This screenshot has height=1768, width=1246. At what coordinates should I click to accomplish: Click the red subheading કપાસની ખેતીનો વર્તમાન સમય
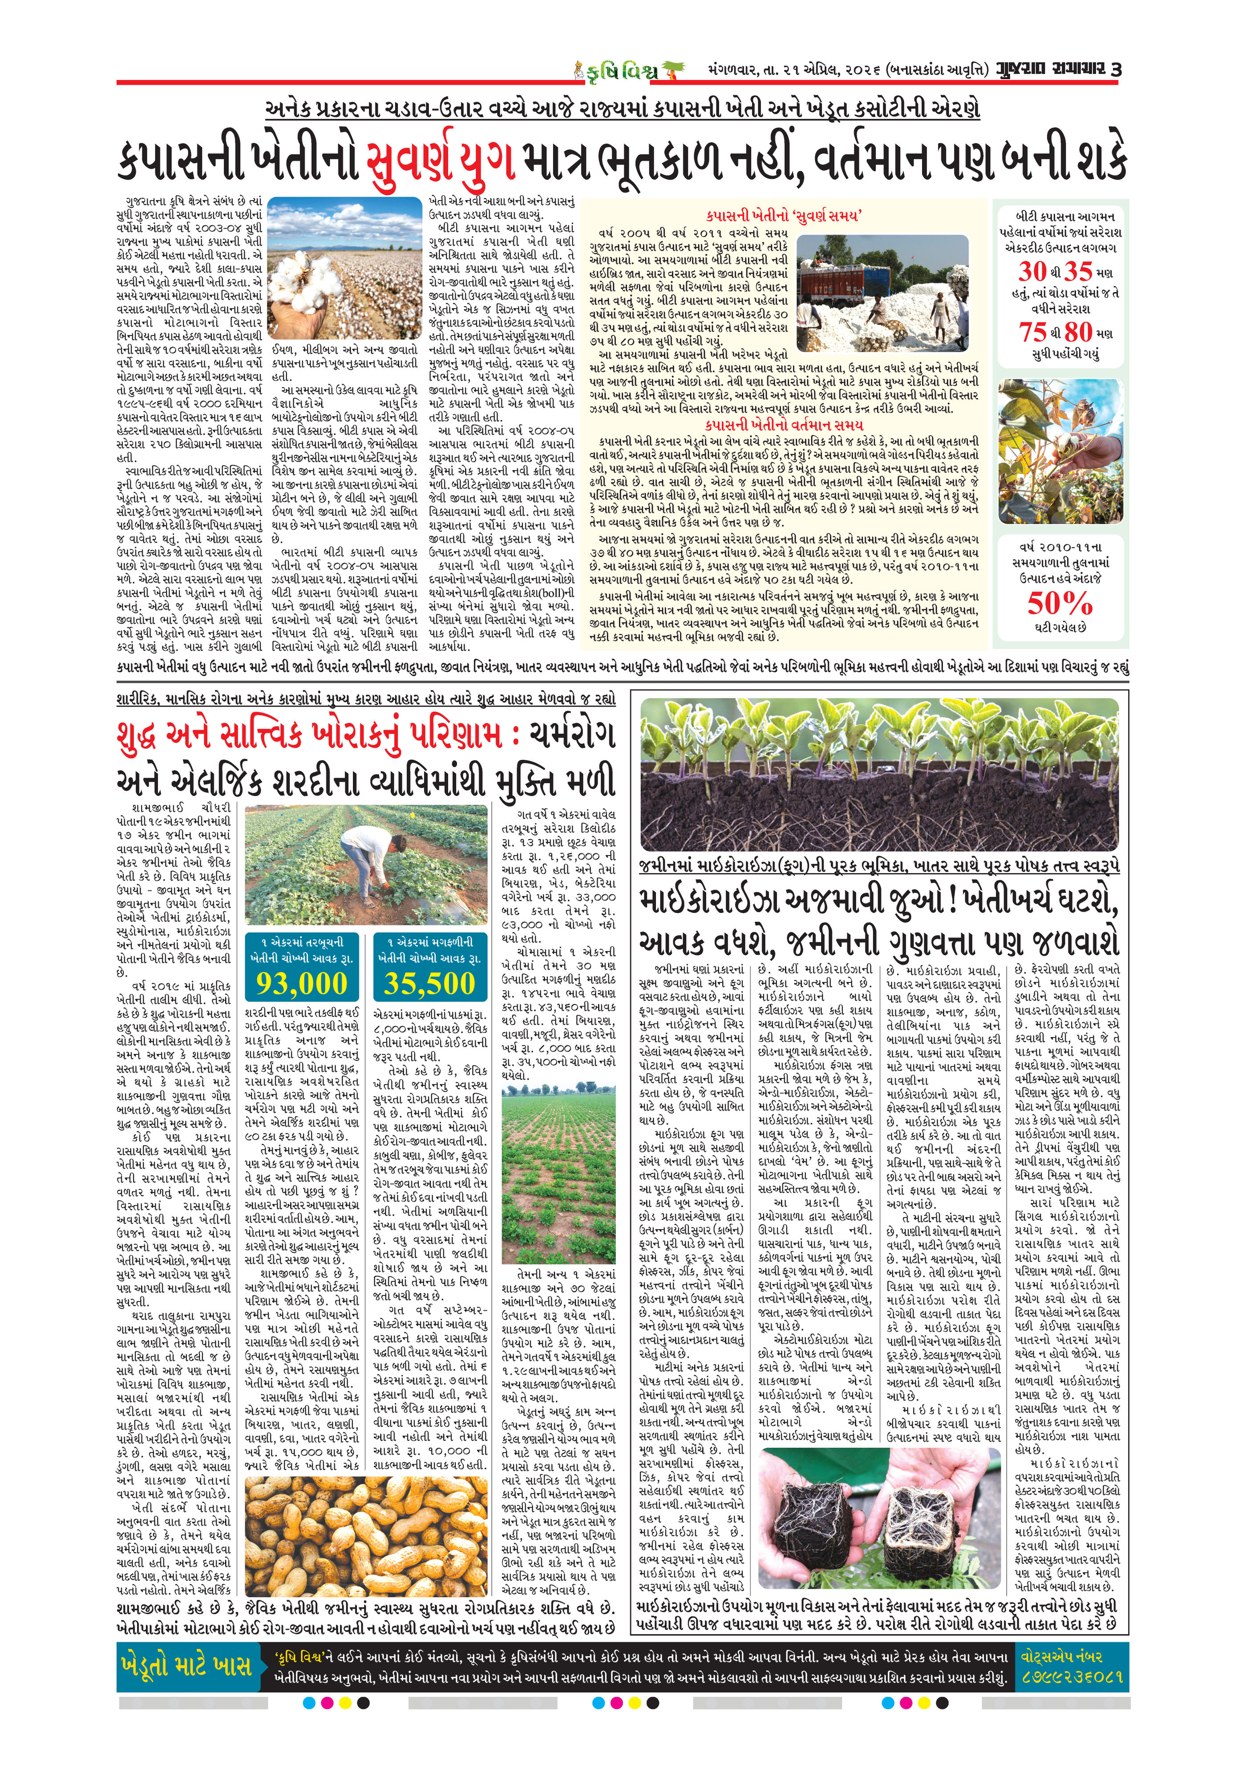coord(784,424)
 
